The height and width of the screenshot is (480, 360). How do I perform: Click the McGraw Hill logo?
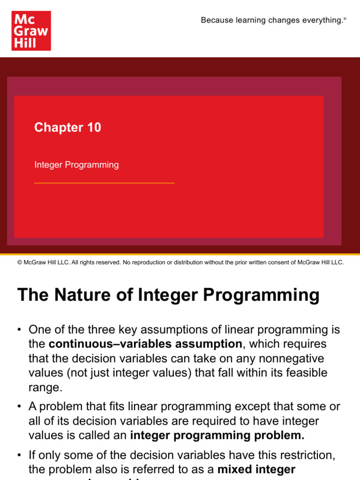(31, 31)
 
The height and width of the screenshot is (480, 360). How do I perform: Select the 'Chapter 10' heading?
(67, 127)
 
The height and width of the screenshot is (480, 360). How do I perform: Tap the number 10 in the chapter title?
(93, 127)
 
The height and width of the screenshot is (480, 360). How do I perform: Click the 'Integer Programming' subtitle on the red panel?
(76, 165)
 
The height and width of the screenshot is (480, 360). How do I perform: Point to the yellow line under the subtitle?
(104, 183)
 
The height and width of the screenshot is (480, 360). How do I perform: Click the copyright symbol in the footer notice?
(19, 262)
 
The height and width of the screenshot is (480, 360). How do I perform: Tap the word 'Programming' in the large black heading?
(267, 295)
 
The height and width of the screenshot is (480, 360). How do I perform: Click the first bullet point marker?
(20, 330)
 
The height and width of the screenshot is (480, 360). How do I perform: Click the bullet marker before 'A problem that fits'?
(20, 406)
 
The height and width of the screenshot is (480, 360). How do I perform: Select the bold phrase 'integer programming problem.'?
(217, 435)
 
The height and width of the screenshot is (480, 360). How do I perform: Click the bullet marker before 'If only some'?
(20, 455)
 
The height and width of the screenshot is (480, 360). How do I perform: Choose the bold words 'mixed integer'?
(256, 469)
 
